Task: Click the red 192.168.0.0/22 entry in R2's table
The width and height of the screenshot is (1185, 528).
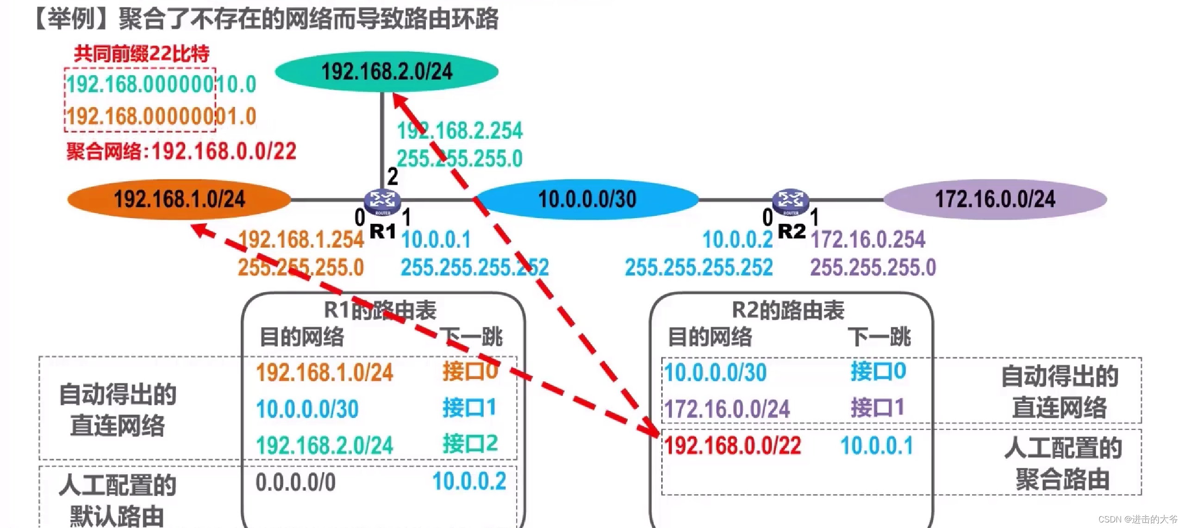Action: pos(733,446)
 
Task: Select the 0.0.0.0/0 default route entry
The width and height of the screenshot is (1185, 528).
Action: pos(295,482)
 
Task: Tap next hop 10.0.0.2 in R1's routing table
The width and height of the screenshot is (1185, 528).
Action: pos(469,481)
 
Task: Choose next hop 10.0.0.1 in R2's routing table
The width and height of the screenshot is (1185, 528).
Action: pos(877,446)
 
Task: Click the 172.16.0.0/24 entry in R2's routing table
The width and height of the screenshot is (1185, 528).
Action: pos(727,409)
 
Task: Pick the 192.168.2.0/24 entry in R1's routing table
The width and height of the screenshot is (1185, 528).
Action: pos(324,445)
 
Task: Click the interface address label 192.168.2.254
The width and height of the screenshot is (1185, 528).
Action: pos(460,131)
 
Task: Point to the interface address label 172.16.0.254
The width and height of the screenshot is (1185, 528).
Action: pos(868,240)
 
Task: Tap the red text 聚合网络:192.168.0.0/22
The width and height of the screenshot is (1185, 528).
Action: pos(181,151)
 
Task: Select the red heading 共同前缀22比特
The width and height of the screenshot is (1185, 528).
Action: pos(142,54)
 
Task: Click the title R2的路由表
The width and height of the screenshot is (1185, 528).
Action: pos(788,310)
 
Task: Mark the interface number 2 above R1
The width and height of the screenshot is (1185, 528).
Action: pos(393,176)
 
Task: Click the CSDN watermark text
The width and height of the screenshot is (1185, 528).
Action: pos(1137,519)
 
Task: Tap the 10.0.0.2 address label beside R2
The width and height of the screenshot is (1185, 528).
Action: pos(737,240)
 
